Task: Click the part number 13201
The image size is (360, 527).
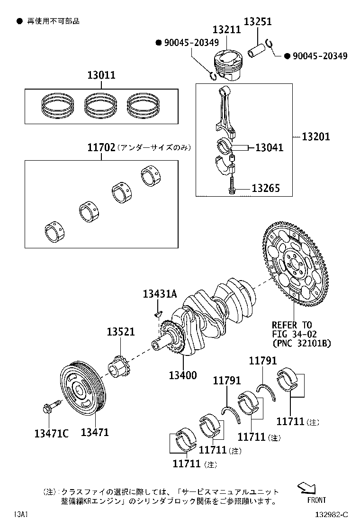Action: point(316,137)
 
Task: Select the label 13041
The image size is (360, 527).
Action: point(269,147)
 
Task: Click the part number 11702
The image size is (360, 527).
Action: point(101,147)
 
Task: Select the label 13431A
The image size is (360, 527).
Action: point(160,294)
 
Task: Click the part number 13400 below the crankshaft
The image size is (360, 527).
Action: point(182,375)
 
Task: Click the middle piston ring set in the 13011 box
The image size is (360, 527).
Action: point(101,105)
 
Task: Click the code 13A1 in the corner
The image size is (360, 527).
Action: point(21,514)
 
